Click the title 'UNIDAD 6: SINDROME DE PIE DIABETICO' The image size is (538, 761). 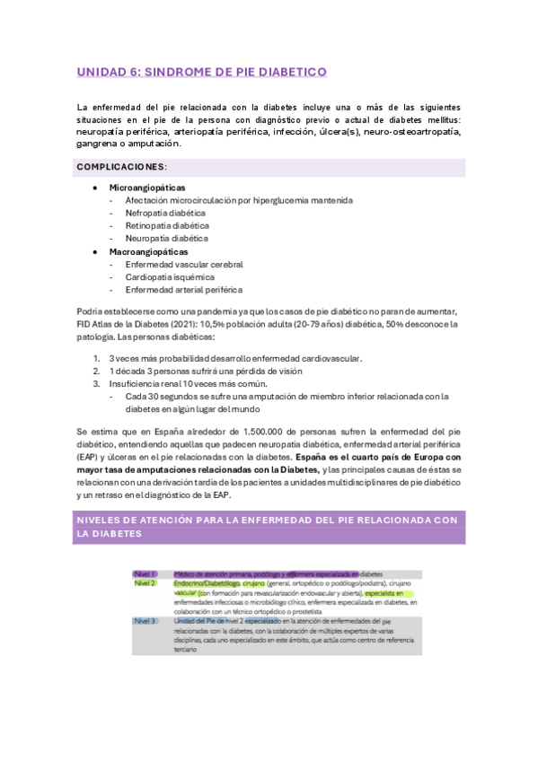201,71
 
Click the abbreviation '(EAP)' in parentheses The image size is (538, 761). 89,457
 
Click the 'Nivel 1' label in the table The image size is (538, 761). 146,573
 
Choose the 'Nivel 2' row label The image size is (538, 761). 146,583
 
